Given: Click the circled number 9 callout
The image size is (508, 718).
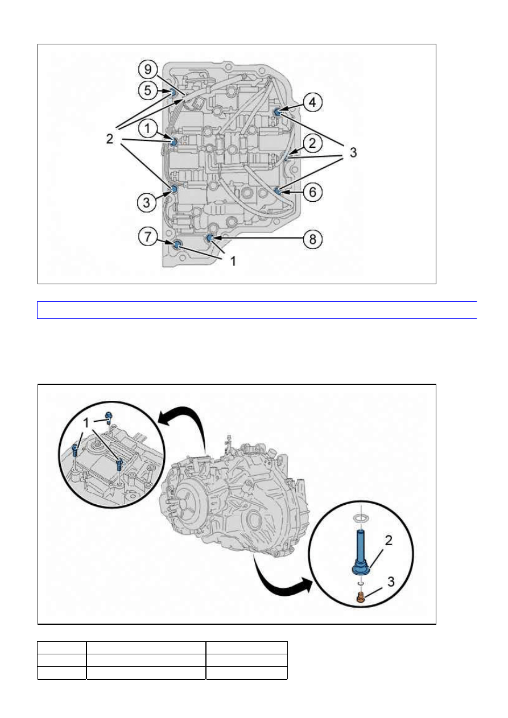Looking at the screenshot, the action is coord(147,69).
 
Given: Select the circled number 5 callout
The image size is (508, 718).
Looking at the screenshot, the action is coord(147,90).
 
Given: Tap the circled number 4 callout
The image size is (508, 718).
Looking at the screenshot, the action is coord(312,102).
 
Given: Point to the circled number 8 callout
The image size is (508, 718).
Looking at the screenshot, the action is coord(313,239).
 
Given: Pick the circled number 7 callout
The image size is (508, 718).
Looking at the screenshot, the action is coord(147,237).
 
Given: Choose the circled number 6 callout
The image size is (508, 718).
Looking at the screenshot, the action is coord(313,192).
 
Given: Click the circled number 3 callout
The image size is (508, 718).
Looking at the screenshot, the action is coord(147,202).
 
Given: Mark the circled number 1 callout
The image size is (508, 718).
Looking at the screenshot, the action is coord(147,128).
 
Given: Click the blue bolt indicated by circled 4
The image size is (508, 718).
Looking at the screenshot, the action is coord(277,112).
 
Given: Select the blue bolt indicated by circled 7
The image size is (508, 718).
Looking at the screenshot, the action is coord(177,244).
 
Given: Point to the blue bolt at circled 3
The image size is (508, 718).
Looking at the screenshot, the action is coord(174,189).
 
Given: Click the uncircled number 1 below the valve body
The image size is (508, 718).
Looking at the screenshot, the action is coord(233,262).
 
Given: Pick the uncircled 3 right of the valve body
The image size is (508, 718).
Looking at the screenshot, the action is coord(353,152).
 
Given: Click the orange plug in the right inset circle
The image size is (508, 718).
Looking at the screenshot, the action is coord(361,598).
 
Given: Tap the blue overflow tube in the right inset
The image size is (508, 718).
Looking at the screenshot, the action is coord(361,552).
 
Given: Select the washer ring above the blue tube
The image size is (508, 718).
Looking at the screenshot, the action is coord(361,518).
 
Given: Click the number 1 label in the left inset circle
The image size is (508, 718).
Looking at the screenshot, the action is coord(86,423).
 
